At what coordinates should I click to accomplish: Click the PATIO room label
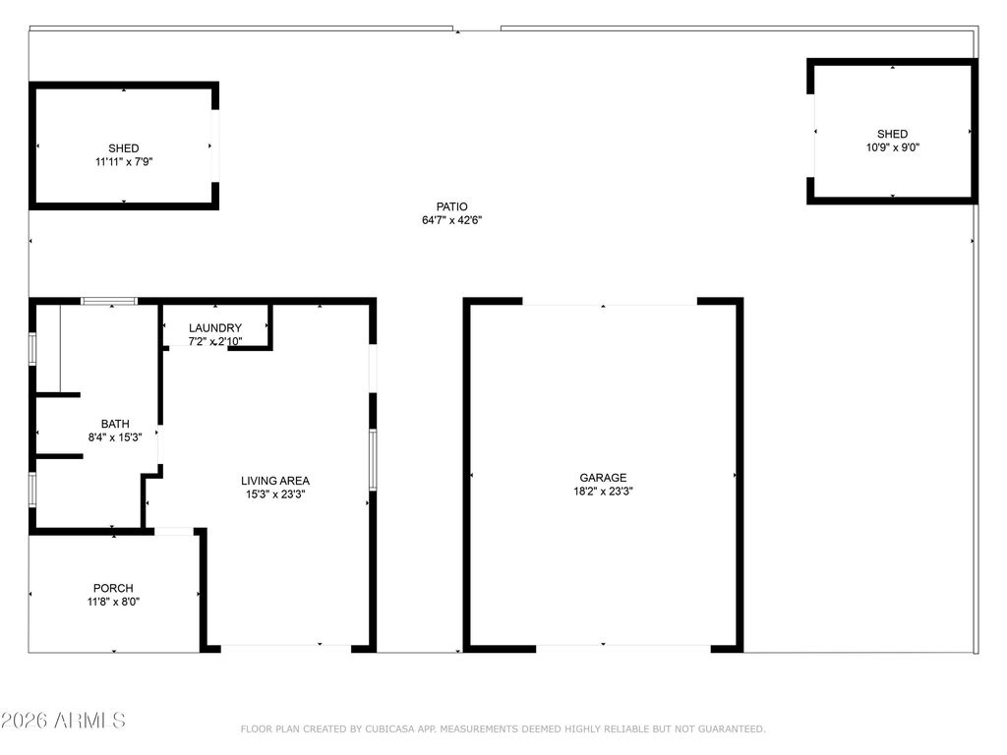[452, 206]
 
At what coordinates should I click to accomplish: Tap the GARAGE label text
[603, 478]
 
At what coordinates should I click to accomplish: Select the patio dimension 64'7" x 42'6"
[452, 220]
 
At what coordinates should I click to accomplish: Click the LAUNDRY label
[215, 328]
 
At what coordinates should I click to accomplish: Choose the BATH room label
[115, 424]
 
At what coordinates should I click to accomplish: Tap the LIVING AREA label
[275, 481]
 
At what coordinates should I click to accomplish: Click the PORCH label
[113, 588]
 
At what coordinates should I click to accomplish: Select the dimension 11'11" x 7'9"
[124, 162]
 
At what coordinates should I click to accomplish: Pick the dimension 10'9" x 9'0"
[893, 147]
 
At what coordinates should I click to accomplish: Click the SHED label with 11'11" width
[124, 148]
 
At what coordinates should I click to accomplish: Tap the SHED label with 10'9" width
[893, 134]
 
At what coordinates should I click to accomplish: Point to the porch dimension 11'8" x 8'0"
[113, 602]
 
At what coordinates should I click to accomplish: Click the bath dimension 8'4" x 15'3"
[115, 437]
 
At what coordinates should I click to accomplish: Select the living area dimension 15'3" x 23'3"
[275, 494]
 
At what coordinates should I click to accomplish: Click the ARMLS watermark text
[64, 721]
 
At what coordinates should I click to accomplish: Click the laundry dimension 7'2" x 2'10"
[215, 342]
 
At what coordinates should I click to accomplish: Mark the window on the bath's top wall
[109, 301]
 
